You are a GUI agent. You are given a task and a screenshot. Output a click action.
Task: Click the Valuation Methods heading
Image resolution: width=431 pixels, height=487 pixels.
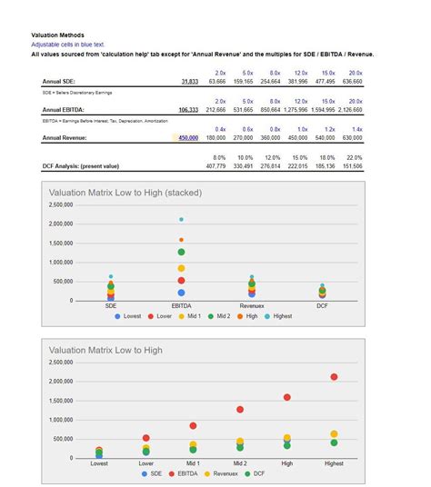(x=56, y=35)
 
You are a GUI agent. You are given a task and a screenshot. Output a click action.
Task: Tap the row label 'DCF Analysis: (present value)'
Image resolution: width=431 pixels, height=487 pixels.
(x=85, y=167)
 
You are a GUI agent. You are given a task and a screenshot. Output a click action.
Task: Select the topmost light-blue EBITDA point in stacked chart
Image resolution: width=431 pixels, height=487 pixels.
(x=181, y=220)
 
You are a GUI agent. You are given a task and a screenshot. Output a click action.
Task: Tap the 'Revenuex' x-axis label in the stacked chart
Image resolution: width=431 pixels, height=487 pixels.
(x=252, y=307)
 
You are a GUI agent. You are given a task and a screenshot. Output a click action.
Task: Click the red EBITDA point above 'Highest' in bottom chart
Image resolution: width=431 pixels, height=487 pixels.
(x=335, y=377)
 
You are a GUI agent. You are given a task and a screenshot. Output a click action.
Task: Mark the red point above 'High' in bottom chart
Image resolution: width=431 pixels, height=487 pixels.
(x=287, y=397)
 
